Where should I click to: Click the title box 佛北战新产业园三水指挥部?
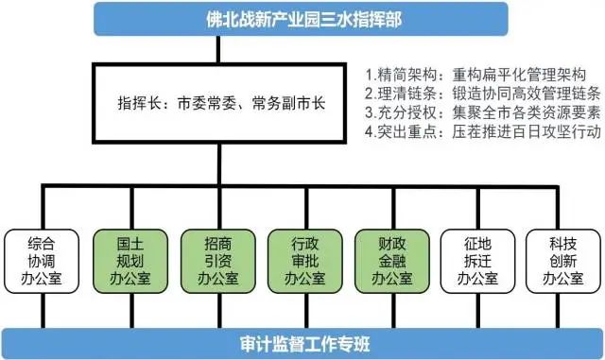coord(301,19)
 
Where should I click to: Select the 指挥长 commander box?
coord(219,103)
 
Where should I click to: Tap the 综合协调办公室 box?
coord(42,261)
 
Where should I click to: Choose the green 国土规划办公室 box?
coord(130,261)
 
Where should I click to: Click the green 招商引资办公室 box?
coord(218,261)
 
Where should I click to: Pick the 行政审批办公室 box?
coord(305,261)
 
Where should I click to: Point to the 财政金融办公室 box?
coord(392,261)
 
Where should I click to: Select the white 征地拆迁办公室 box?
coord(477,261)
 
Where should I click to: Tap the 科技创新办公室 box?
coord(563,261)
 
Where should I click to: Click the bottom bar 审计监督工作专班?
coord(302,344)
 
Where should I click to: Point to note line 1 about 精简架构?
coord(475,75)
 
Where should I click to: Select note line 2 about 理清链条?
coord(483,94)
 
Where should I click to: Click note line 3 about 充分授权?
coord(483,112)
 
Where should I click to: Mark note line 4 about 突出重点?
coord(483,131)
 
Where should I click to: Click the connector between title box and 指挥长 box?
coord(218,49)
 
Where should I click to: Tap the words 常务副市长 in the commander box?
coord(288,103)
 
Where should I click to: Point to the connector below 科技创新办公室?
coord(558,311)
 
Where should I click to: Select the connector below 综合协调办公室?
coord(43,311)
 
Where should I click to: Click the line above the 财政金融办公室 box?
coord(393,209)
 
